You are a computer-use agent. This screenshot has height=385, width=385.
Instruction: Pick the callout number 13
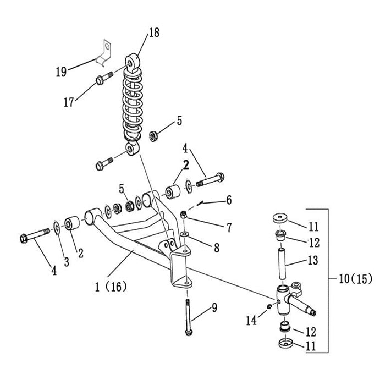coord(312,261)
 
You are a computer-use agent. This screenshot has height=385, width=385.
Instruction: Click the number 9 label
coord(214,309)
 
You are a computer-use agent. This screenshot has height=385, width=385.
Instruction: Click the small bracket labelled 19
coord(105,52)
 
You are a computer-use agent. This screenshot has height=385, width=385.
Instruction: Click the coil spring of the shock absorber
coord(131,105)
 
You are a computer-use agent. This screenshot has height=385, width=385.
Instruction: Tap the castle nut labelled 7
coord(185,214)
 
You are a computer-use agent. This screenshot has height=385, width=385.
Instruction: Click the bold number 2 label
coord(186,163)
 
